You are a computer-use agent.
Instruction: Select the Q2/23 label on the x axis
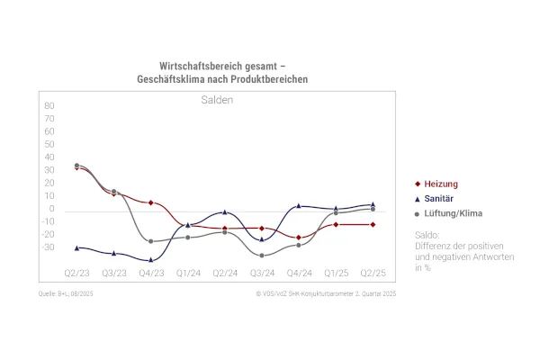(x=76, y=272)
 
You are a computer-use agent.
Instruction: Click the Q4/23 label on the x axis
(x=150, y=272)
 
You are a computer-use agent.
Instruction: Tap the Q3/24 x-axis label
(x=262, y=272)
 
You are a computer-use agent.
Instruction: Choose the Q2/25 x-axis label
(x=373, y=272)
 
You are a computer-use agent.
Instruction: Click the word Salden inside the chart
(x=216, y=101)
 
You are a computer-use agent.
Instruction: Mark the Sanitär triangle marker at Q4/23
(x=150, y=260)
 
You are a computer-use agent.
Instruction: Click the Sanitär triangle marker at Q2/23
(x=76, y=247)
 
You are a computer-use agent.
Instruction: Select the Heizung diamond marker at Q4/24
(x=299, y=238)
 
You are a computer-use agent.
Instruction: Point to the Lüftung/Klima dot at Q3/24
(x=262, y=256)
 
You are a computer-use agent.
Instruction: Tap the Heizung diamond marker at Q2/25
(x=373, y=224)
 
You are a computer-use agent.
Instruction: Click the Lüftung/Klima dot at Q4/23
(x=150, y=241)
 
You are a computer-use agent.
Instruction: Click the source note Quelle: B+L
(x=65, y=293)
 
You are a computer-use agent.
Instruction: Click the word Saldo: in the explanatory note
(x=427, y=235)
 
